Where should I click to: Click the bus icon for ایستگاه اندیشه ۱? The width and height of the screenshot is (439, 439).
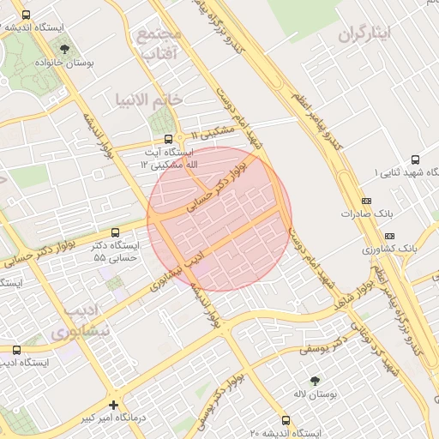pyautogui.click(x=26, y=15)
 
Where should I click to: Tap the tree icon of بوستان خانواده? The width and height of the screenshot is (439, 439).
pyautogui.click(x=66, y=49)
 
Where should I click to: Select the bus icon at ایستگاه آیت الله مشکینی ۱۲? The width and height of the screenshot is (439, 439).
pyautogui.click(x=168, y=137)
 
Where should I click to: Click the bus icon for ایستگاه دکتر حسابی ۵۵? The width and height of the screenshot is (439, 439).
pyautogui.click(x=116, y=232)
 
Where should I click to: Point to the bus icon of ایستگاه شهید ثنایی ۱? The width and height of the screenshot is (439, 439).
pyautogui.click(x=416, y=159)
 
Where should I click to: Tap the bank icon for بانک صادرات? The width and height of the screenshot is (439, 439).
pyautogui.click(x=367, y=201)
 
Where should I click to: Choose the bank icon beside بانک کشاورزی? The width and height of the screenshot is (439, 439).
pyautogui.click(x=390, y=235)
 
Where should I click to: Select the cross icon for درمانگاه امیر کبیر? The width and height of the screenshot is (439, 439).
pyautogui.click(x=113, y=404)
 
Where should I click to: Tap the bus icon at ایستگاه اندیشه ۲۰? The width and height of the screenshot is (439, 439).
pyautogui.click(x=286, y=421)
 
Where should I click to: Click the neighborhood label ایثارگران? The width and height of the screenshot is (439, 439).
pyautogui.click(x=364, y=35)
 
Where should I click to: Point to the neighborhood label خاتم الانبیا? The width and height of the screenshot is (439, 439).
pyautogui.click(x=149, y=99)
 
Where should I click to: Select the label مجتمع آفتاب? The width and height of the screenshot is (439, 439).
pyautogui.click(x=159, y=45)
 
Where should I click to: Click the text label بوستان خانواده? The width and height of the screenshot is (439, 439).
pyautogui.click(x=65, y=63)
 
